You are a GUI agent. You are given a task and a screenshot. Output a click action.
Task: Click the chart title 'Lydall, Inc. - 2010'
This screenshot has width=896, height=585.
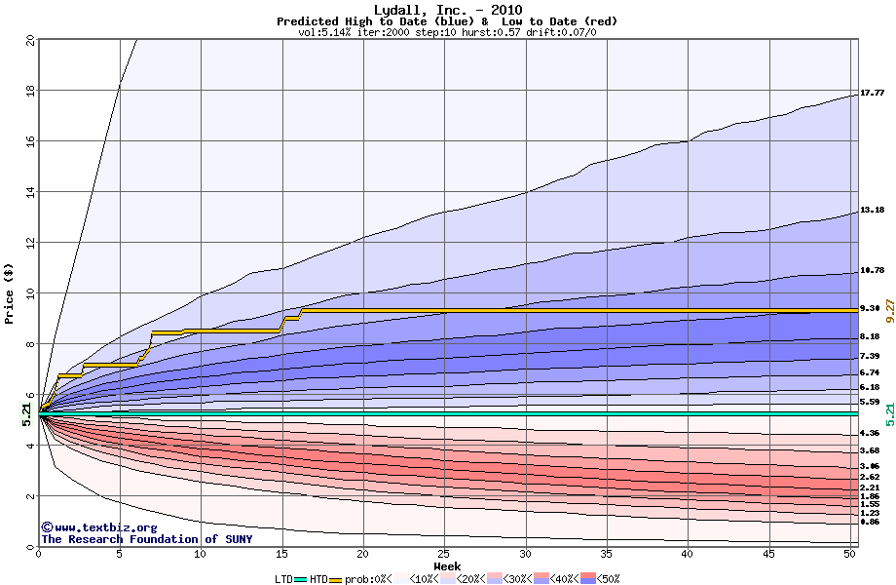(447, 10)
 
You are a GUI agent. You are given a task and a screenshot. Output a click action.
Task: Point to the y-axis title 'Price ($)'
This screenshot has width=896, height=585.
(9, 292)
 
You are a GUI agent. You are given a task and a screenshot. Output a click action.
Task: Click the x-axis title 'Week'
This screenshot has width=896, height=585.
(447, 566)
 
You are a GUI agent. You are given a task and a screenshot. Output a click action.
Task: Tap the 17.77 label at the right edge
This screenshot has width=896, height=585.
(872, 94)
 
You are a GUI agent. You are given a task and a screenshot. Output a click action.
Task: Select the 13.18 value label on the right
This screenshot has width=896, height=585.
(872, 211)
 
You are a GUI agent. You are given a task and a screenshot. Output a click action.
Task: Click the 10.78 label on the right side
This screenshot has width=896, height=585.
(872, 271)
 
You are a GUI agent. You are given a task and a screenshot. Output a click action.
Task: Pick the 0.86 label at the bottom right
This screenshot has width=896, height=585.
(870, 523)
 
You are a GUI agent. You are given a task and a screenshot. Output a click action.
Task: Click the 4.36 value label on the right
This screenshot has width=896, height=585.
(870, 433)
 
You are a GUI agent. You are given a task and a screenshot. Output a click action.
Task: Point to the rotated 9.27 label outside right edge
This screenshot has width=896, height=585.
(888, 312)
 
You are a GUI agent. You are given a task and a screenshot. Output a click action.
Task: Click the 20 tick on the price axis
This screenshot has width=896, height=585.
(29, 40)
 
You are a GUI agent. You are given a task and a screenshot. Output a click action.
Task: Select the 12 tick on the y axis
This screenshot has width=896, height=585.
(29, 243)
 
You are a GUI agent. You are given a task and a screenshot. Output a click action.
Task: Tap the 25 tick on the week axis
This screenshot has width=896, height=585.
(444, 554)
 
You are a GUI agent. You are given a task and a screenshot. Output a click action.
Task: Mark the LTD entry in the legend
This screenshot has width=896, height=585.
(286, 579)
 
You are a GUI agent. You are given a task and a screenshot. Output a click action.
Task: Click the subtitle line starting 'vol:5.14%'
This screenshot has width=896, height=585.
(447, 32)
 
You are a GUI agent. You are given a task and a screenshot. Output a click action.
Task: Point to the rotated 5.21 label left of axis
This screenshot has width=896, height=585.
(27, 414)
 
